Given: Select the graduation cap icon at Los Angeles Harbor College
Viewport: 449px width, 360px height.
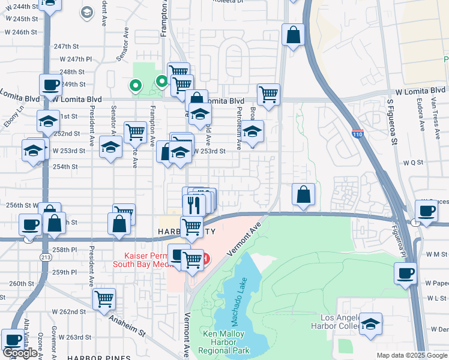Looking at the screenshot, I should point(371,324).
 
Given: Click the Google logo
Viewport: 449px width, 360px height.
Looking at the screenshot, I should point(20,353).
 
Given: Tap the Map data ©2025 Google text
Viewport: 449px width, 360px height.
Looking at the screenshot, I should point(412,355).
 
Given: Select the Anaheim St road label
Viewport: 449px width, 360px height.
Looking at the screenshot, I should point(127,322).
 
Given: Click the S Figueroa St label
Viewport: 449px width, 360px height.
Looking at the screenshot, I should point(392,122).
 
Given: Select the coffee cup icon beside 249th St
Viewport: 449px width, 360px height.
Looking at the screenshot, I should point(51,85).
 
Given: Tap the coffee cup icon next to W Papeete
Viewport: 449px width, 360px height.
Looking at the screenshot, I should point(406,273).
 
